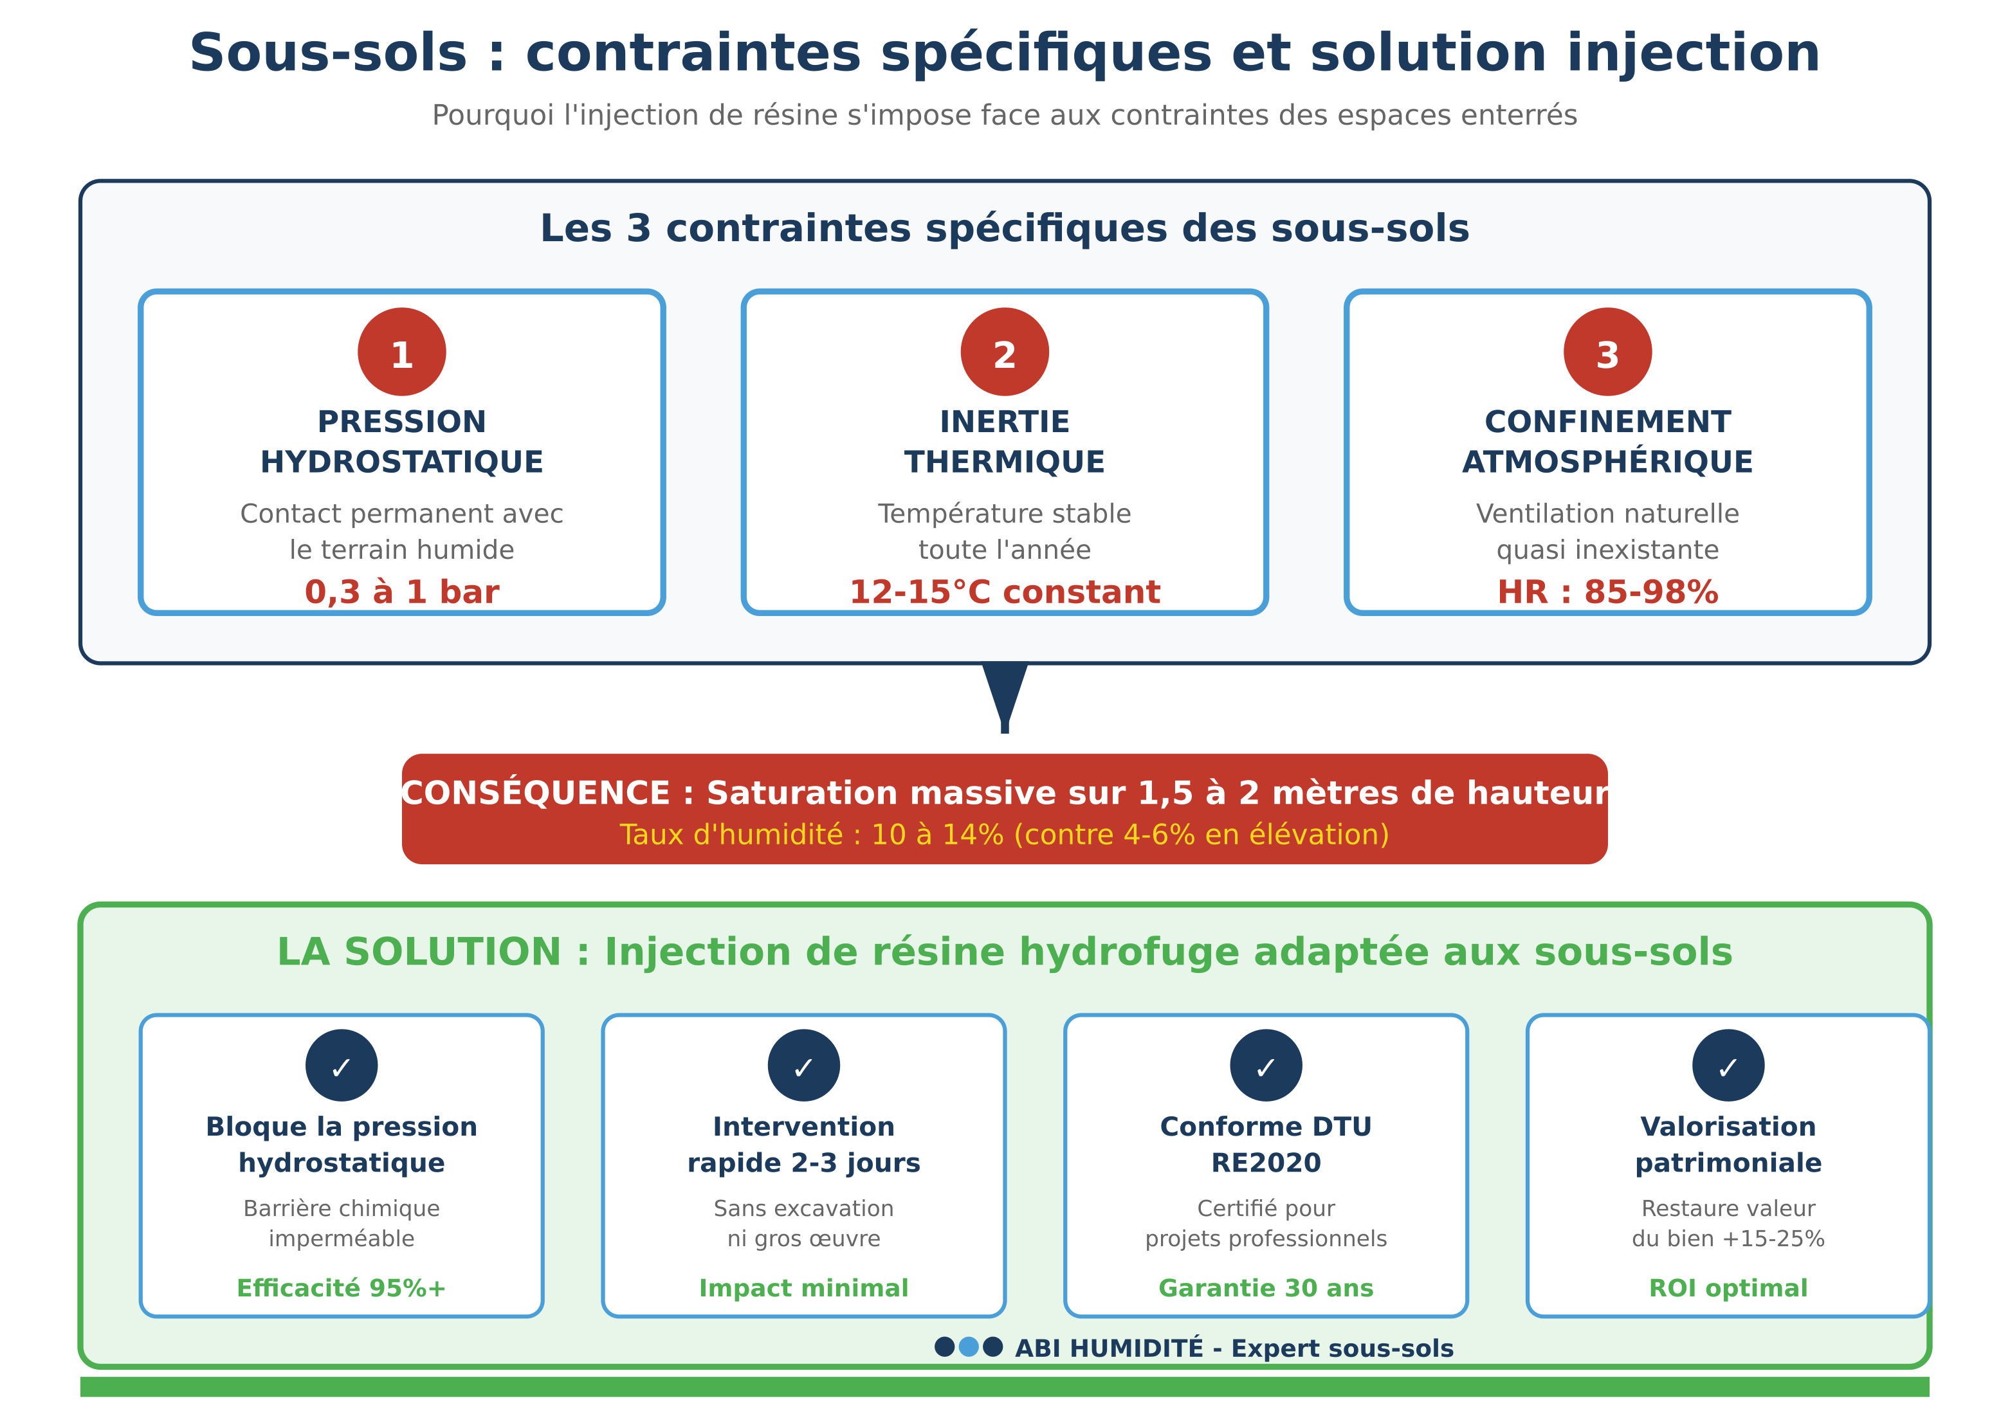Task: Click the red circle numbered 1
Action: click(x=402, y=352)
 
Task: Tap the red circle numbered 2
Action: click(x=1004, y=352)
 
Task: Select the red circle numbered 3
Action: click(x=1607, y=352)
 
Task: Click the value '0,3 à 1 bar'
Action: click(x=402, y=592)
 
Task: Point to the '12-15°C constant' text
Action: click(x=1004, y=592)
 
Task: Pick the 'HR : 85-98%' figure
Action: click(x=1607, y=592)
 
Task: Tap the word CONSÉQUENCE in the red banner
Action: click(x=536, y=793)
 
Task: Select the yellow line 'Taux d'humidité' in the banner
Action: click(x=1004, y=835)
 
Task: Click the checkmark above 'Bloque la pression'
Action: click(x=342, y=1065)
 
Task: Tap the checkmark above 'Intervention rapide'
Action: click(x=803, y=1065)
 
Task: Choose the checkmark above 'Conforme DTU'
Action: click(x=1266, y=1065)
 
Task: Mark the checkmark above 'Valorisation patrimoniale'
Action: click(x=1728, y=1065)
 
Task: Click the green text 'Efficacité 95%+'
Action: click(x=342, y=1288)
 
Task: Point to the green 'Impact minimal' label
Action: click(x=803, y=1288)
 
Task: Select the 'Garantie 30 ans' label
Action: click(x=1266, y=1288)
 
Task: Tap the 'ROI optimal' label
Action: click(x=1728, y=1288)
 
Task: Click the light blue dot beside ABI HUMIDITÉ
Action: click(x=968, y=1347)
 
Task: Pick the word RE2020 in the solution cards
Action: click(x=1266, y=1163)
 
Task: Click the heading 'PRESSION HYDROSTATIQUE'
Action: click(x=402, y=442)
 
